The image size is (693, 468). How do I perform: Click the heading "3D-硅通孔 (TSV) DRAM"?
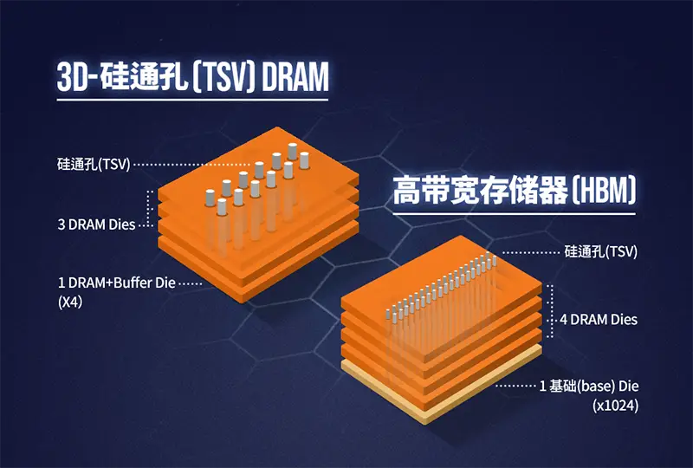[192, 76]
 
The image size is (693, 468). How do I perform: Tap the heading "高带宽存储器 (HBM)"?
[515, 190]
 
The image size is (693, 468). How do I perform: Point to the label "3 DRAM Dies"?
[96, 224]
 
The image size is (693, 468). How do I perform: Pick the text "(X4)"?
[70, 302]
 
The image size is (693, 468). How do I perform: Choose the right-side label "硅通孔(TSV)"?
[600, 252]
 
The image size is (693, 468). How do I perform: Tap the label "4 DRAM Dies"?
[598, 320]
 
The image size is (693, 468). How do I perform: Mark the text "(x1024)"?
[615, 405]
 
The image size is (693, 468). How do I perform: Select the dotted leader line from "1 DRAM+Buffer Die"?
[189, 283]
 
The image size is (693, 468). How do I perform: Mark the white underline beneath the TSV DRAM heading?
[192, 100]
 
